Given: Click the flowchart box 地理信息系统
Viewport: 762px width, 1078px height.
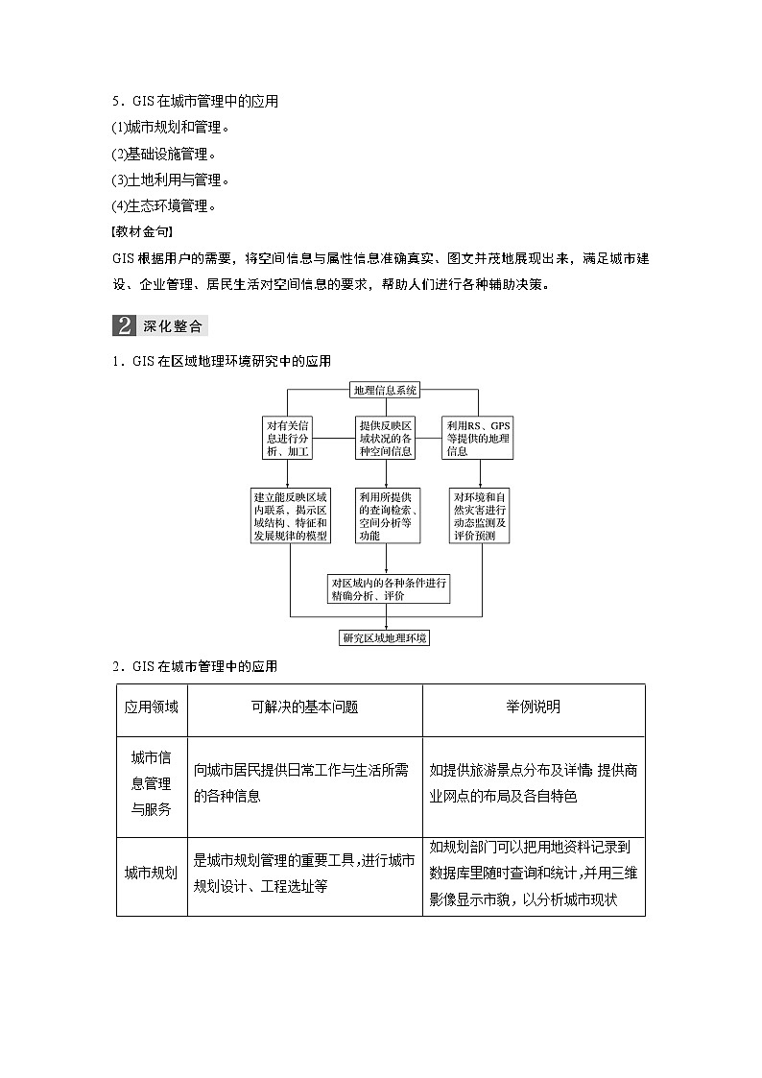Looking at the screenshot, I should [385, 391].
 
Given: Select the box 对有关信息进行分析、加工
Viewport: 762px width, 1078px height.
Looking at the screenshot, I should [288, 438].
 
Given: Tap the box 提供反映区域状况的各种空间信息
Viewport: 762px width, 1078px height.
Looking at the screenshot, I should [385, 438].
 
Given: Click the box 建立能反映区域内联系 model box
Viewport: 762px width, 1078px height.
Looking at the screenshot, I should [290, 516].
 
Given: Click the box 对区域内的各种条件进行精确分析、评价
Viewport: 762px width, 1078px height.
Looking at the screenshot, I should [388, 589].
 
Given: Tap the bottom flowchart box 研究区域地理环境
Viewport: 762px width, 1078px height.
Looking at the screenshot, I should [385, 637].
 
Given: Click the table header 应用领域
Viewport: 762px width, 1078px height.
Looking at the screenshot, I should [152, 707].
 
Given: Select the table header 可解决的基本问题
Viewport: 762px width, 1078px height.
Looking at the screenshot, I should [304, 707].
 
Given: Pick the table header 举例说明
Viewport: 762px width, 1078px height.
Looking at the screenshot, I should [534, 707].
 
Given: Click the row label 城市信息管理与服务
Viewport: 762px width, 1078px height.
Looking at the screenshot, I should [152, 783].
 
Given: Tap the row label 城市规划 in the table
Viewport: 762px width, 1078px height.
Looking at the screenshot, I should [152, 873].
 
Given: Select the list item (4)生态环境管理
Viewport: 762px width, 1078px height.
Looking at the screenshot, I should [164, 205].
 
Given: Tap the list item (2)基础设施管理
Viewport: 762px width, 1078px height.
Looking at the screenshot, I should [164, 154].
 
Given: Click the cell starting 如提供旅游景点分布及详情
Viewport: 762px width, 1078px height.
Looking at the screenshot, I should [533, 783].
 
